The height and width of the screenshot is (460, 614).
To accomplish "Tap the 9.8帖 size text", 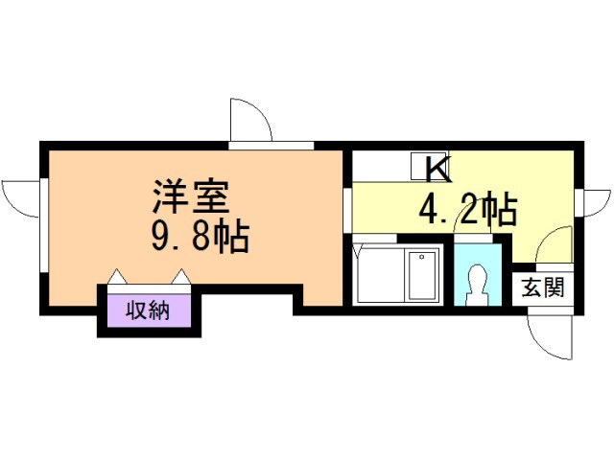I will (199, 236).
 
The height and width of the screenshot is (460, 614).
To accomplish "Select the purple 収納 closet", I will (149, 311).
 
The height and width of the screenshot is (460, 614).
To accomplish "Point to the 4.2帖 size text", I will (467, 208).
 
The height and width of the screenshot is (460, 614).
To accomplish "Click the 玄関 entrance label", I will (543, 287).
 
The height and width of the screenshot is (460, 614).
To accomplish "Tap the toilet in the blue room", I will (476, 285).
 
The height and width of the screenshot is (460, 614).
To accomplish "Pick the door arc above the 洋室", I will (251, 119).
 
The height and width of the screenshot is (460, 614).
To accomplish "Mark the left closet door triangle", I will (116, 277).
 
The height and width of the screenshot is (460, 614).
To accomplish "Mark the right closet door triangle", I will (180, 277).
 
